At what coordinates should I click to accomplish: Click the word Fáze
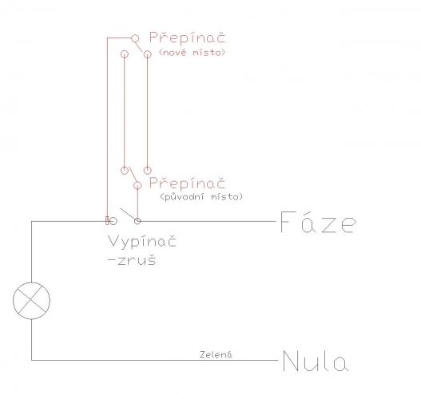pos(319,222)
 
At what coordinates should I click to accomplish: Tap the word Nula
pos(316,361)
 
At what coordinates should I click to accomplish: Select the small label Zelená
pos(216,354)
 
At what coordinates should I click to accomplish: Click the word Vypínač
pos(142,241)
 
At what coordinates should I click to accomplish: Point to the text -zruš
pos(132,260)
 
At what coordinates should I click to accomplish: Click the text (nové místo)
pos(192,53)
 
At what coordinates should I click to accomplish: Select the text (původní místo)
pos(201,197)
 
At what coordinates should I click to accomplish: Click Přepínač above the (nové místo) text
pos(187,38)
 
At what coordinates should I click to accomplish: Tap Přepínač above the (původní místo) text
pos(187,183)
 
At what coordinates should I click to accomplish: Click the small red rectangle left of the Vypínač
pos(107,221)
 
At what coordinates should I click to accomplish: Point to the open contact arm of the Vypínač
pos(128,214)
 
